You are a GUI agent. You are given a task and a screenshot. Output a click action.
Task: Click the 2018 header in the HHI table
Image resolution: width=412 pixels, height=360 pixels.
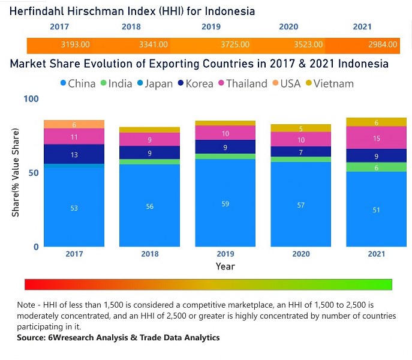pos(131,27)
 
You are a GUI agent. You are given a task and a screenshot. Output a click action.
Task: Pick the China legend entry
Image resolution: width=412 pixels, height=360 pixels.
pos(77,83)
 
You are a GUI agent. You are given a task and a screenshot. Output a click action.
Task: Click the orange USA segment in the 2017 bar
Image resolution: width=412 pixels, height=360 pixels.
pos(74,124)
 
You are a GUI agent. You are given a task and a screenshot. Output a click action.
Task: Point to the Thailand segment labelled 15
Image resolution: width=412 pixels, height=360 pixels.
pos(376,138)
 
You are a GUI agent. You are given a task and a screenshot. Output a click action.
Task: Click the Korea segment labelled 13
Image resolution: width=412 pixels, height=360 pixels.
pos(74,155)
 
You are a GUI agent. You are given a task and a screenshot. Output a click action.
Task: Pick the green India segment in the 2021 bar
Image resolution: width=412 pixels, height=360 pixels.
pos(376,167)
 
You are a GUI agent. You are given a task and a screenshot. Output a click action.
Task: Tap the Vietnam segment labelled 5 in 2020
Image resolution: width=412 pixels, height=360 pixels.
pos(301,128)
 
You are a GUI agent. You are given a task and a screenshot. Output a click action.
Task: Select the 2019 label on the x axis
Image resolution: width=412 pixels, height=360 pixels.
pos(225,254)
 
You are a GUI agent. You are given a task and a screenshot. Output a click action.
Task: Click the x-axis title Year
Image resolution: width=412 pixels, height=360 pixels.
pos(225,266)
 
